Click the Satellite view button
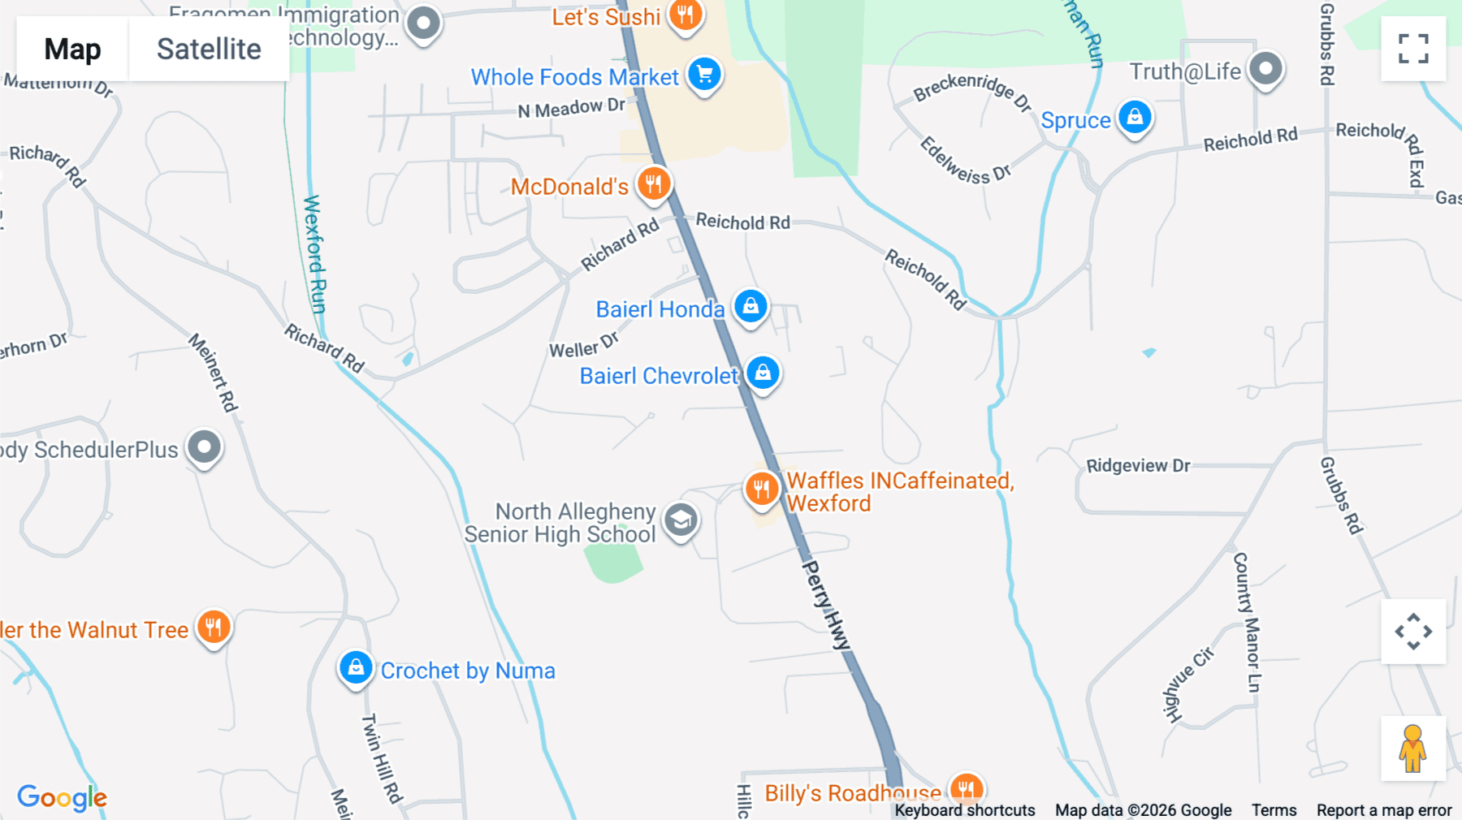point(209,50)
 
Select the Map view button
point(72,50)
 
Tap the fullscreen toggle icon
point(1413,49)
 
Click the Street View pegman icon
point(1412,749)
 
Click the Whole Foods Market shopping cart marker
point(704,75)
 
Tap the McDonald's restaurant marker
point(653,183)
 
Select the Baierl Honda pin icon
point(750,307)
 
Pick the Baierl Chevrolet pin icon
point(763,373)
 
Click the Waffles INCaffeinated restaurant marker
point(761,489)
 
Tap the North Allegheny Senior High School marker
point(681,520)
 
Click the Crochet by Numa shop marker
point(356,668)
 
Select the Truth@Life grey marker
point(1265,69)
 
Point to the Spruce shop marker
point(1135,118)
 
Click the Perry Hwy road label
point(825,604)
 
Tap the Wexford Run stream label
point(314,253)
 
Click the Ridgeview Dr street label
point(1138,466)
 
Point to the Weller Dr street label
point(583,346)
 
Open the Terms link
point(1274,810)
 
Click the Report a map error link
point(1384,810)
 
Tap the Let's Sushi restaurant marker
point(685,15)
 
